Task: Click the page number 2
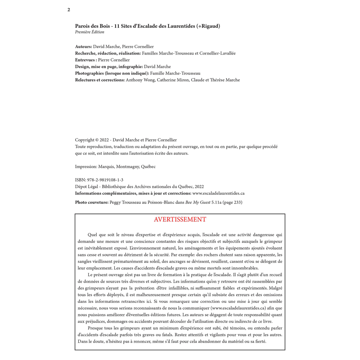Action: [69, 10]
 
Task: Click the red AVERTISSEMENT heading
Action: [180, 219]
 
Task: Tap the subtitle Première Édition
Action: [89, 32]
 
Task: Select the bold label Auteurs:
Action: [84, 47]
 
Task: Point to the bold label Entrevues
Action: [85, 60]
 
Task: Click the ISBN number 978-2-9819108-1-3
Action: [105, 180]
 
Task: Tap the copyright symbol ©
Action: [97, 140]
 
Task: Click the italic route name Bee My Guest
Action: [198, 202]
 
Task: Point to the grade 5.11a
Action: [216, 202]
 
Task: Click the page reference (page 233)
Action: [232, 202]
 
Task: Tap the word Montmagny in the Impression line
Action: [127, 166]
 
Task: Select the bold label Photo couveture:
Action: [92, 202]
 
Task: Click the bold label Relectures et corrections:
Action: [100, 80]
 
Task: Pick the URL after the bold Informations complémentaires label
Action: [218, 193]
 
